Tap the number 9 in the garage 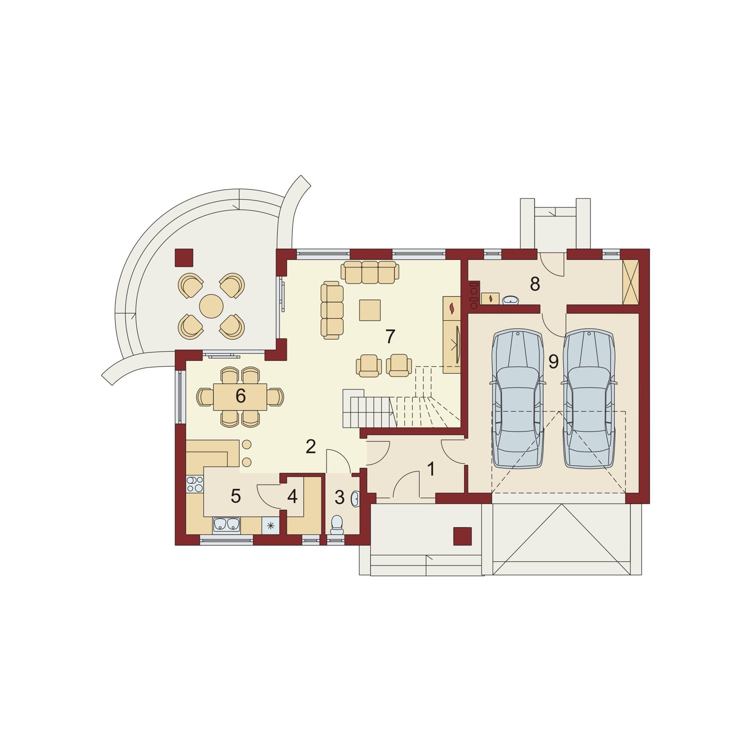tap(553, 361)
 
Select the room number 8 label tap(535, 284)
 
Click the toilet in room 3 tap(337, 525)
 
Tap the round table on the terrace tap(211, 307)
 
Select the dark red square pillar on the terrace tap(184, 257)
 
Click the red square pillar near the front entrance tap(462, 536)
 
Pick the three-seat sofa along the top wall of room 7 tap(370, 273)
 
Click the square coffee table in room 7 tap(370, 310)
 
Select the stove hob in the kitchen tap(195, 484)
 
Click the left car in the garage tap(518, 399)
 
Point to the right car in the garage tap(589, 399)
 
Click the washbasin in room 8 tap(510, 299)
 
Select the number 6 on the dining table tap(240, 396)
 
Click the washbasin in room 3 tap(355, 498)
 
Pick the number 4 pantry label tap(292, 497)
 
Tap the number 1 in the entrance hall tap(431, 469)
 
